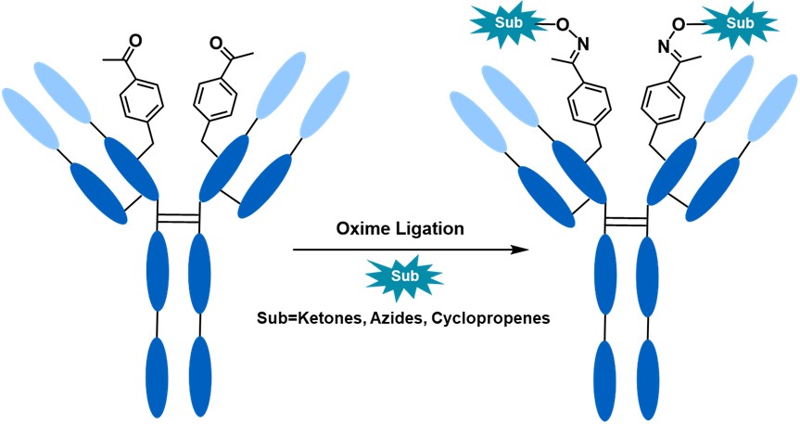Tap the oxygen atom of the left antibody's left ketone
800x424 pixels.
[136, 41]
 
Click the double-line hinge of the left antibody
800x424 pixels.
[177, 217]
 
